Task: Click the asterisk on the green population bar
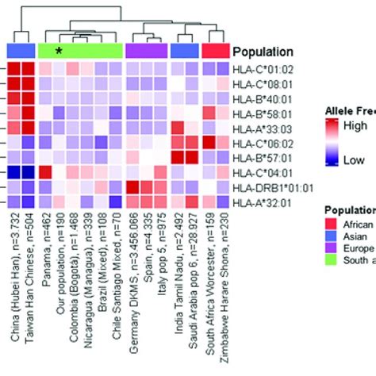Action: pos(58,52)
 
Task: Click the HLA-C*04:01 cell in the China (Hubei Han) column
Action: pos(15,172)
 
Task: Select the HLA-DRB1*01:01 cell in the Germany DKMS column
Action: pos(134,187)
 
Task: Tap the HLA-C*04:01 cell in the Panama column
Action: pos(45,172)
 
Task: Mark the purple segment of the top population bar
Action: pos(147,50)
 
